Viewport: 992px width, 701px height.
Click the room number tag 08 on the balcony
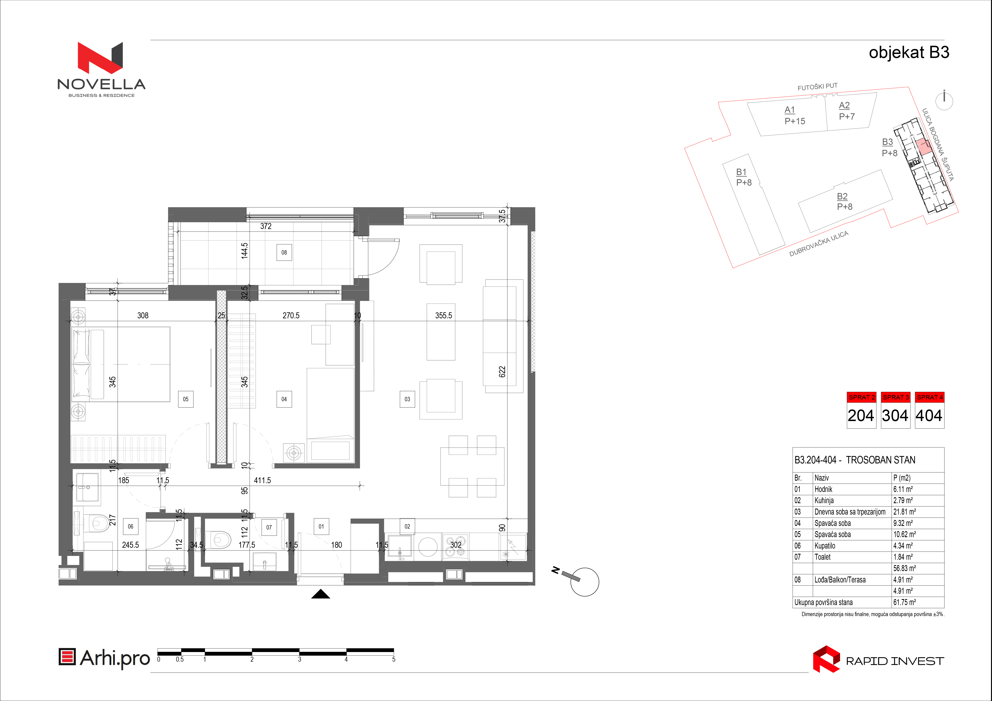point(284,253)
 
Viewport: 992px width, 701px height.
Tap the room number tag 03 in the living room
point(407,399)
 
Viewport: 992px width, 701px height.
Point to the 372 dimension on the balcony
point(266,226)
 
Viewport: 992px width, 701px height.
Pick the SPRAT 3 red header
point(896,397)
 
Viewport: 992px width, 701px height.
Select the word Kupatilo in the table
point(825,546)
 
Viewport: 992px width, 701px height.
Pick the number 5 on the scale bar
point(394,659)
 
